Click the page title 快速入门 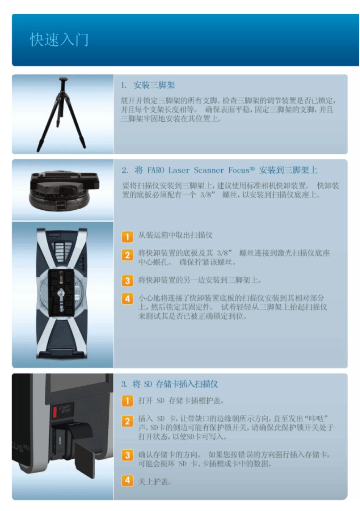tap(59, 40)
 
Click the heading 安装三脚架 tap(154, 85)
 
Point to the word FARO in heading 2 tap(156, 171)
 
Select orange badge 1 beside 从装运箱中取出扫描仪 tap(127, 237)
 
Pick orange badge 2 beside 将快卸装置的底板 tap(127, 255)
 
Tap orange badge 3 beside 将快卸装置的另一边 tap(127, 281)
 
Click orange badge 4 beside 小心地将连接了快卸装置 tap(127, 299)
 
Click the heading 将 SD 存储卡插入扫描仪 tap(175, 384)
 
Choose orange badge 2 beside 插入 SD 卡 tap(127, 421)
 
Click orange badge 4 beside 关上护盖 tap(127, 481)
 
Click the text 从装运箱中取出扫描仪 tap(175, 235)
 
